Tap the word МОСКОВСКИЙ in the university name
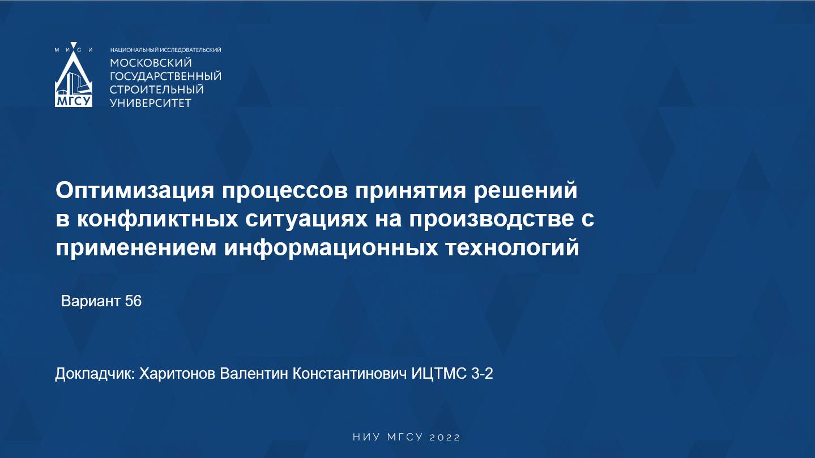click(151, 62)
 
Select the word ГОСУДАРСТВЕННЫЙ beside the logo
click(165, 76)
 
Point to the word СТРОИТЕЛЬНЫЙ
click(156, 89)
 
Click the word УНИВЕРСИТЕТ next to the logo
click(150, 103)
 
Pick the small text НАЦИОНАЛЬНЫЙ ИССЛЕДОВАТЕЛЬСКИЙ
click(165, 50)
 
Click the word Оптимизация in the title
click(134, 191)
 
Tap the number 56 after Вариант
click(133, 301)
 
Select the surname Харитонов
click(177, 374)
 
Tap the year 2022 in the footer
click(445, 438)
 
